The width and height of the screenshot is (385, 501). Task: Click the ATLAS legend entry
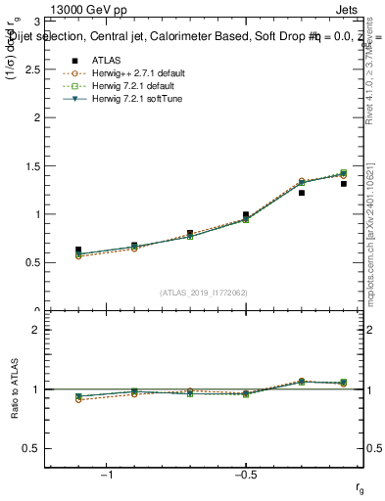point(100,61)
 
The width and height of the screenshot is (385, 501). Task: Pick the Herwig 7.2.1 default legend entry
point(123,86)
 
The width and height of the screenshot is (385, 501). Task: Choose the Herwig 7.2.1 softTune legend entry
point(124,99)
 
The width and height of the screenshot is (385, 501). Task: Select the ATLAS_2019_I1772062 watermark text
point(205,292)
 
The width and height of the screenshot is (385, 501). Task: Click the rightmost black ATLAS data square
point(344,183)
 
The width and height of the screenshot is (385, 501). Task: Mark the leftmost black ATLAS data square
point(78,250)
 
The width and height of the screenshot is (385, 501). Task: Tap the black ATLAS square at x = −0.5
point(246,214)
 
